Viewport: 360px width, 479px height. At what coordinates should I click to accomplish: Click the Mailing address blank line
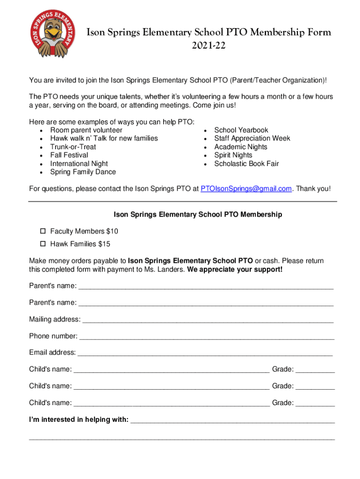pyautogui.click(x=208, y=320)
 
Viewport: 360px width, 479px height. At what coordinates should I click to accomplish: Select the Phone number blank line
pyautogui.click(x=207, y=336)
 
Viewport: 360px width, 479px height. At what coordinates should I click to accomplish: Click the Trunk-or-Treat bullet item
pyautogui.click(x=73, y=147)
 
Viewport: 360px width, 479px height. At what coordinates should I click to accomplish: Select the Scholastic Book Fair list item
pyautogui.click(x=246, y=164)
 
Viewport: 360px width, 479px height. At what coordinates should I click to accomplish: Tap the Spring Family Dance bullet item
pyautogui.click(x=83, y=172)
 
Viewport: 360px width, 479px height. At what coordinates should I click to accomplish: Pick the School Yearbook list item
pyautogui.click(x=241, y=130)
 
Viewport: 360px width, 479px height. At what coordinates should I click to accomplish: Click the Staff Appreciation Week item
pyautogui.click(x=252, y=138)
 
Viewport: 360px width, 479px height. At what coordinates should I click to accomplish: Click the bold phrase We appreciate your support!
pyautogui.click(x=235, y=270)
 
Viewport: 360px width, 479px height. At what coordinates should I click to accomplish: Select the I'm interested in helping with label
pyautogui.click(x=79, y=420)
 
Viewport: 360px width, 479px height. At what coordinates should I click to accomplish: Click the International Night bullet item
pyautogui.click(x=79, y=164)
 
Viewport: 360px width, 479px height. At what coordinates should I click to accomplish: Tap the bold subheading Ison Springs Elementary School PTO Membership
pyautogui.click(x=198, y=215)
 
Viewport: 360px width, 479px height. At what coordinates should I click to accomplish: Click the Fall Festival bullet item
pyautogui.click(x=69, y=155)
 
